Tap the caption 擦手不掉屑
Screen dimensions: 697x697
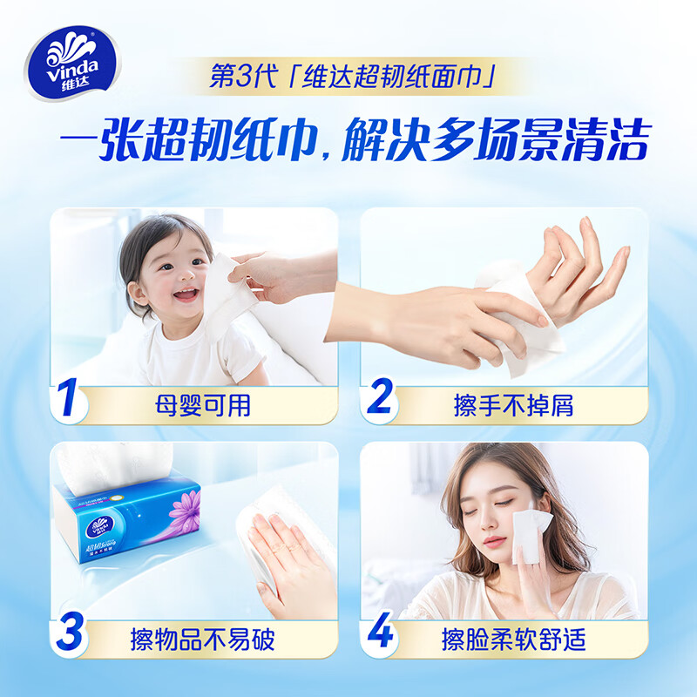(514, 405)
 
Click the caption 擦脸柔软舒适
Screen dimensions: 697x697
(514, 639)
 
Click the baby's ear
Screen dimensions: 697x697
(132, 276)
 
